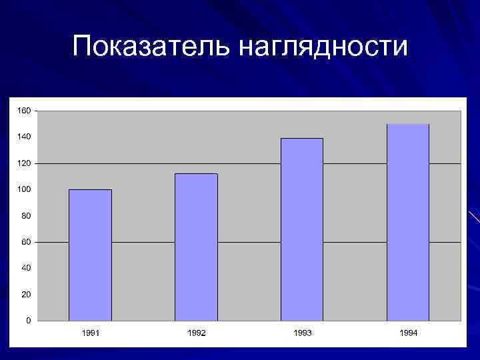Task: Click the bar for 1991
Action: [90, 255]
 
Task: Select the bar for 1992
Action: [196, 247]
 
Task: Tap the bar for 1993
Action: [302, 229]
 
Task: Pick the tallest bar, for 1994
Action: [408, 223]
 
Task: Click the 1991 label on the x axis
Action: [91, 333]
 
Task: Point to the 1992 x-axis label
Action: [197, 333]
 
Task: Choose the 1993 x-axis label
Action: [302, 333]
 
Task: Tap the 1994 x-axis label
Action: [408, 333]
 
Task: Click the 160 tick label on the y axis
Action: [23, 110]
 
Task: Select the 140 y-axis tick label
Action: [23, 137]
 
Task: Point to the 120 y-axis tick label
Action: [23, 163]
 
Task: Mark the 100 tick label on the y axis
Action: [23, 189]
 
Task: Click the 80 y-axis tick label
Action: [25, 215]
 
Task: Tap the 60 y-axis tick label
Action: [25, 242]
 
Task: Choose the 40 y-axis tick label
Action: [25, 268]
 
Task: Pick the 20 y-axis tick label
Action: [25, 294]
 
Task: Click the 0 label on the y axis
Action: [27, 321]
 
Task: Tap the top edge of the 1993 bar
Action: [302, 139]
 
